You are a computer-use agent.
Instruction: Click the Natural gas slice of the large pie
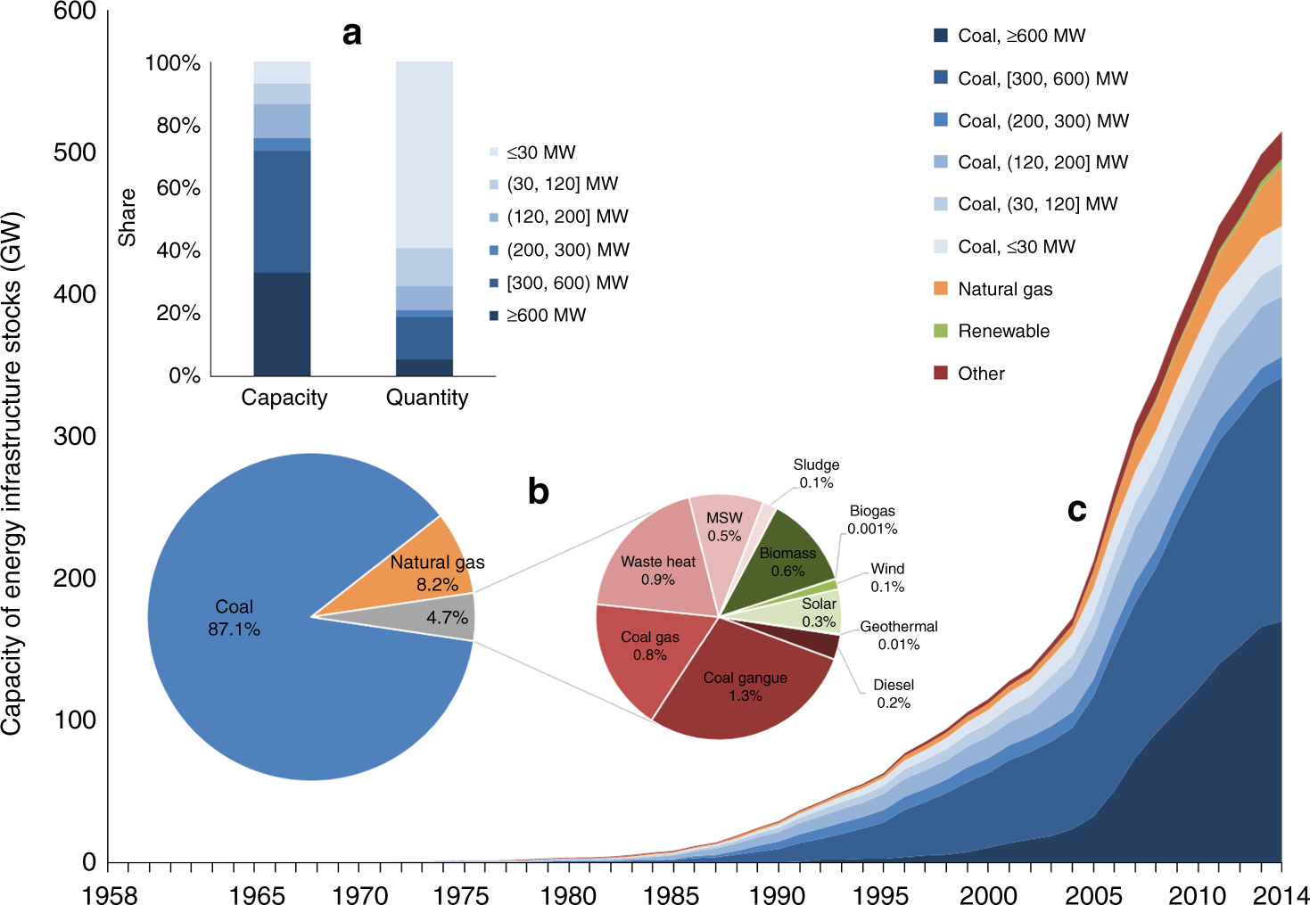pyautogui.click(x=428, y=571)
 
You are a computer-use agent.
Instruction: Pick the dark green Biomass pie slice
pyautogui.click(x=789, y=557)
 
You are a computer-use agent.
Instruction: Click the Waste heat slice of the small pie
pyautogui.click(x=655, y=571)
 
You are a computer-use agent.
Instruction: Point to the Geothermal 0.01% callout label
pyautogui.click(x=898, y=635)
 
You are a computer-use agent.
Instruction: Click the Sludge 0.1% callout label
pyautogui.click(x=816, y=473)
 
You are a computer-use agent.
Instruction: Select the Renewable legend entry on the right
pyautogui.click(x=1002, y=331)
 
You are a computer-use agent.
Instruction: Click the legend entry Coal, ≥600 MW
pyautogui.click(x=1020, y=36)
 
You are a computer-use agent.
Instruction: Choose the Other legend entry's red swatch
pyautogui.click(x=941, y=373)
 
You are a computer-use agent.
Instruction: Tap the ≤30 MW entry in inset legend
pyautogui.click(x=540, y=152)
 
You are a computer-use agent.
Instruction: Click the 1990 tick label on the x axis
pyautogui.click(x=777, y=894)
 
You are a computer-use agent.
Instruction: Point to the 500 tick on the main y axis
pyautogui.click(x=75, y=152)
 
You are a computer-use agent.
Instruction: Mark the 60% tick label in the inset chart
pyautogui.click(x=178, y=188)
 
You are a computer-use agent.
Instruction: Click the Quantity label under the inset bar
pyautogui.click(x=426, y=398)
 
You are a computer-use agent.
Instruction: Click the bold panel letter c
pyautogui.click(x=1076, y=509)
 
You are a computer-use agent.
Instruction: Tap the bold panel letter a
pyautogui.click(x=352, y=33)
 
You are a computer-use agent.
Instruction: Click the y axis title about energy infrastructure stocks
pyautogui.click(x=12, y=473)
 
